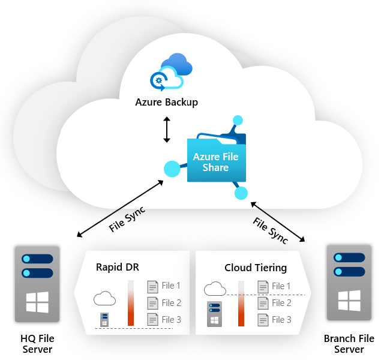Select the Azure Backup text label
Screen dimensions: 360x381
coord(166,103)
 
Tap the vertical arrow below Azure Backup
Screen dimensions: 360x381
coord(167,130)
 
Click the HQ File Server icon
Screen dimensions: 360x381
coord(38,283)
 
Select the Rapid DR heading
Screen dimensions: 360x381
coord(118,267)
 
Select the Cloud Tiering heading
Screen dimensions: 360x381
coord(256,267)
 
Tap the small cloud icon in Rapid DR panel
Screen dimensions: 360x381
coord(105,298)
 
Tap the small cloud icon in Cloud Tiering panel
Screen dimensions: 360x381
coord(215,289)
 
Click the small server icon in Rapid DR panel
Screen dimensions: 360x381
coord(104,319)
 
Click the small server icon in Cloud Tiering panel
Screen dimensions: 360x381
coord(215,314)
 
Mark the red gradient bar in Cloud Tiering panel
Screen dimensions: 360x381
coord(241,304)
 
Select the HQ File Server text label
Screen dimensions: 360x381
coord(37,344)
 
